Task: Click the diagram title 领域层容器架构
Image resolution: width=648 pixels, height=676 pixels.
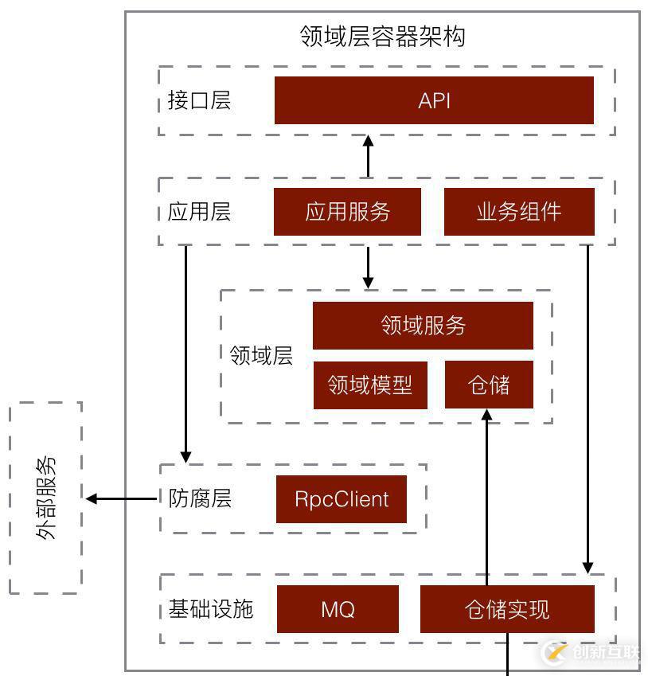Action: (x=382, y=37)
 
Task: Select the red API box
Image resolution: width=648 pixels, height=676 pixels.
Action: (x=434, y=100)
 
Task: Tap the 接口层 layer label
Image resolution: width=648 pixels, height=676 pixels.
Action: (x=199, y=101)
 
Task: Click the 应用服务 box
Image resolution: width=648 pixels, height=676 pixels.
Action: (x=347, y=212)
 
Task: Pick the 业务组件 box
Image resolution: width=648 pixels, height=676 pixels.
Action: (x=519, y=212)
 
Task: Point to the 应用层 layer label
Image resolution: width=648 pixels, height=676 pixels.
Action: (x=199, y=213)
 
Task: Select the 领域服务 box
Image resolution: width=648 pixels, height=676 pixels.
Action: (x=423, y=326)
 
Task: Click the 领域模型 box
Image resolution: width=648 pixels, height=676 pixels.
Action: (x=370, y=385)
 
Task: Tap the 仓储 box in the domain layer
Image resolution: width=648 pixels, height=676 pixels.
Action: (x=488, y=385)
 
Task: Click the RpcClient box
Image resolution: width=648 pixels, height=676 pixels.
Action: (x=342, y=499)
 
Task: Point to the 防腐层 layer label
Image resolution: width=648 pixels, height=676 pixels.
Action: (x=200, y=499)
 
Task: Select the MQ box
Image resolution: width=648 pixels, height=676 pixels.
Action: (x=338, y=610)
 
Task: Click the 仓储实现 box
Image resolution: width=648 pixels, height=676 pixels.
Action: (x=507, y=610)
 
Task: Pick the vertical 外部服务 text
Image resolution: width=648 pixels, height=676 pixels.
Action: (x=46, y=498)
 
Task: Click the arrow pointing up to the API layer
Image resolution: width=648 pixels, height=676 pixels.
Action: (x=368, y=156)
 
